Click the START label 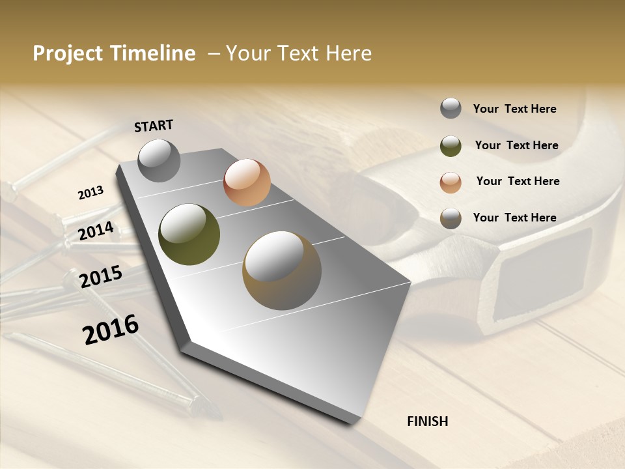coord(154,126)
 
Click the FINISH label coord(427,421)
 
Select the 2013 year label coord(90,193)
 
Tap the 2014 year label coord(96,231)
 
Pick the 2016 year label coord(111,330)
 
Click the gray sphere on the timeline coord(159,160)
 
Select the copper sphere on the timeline coord(247,182)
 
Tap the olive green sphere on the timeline coord(189,234)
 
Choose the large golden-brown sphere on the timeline coord(282,270)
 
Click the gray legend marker coord(451,108)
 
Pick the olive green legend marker coord(451,146)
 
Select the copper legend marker coord(451,182)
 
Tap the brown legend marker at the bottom coord(451,218)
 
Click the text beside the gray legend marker coord(514,109)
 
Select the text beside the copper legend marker coord(518,181)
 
